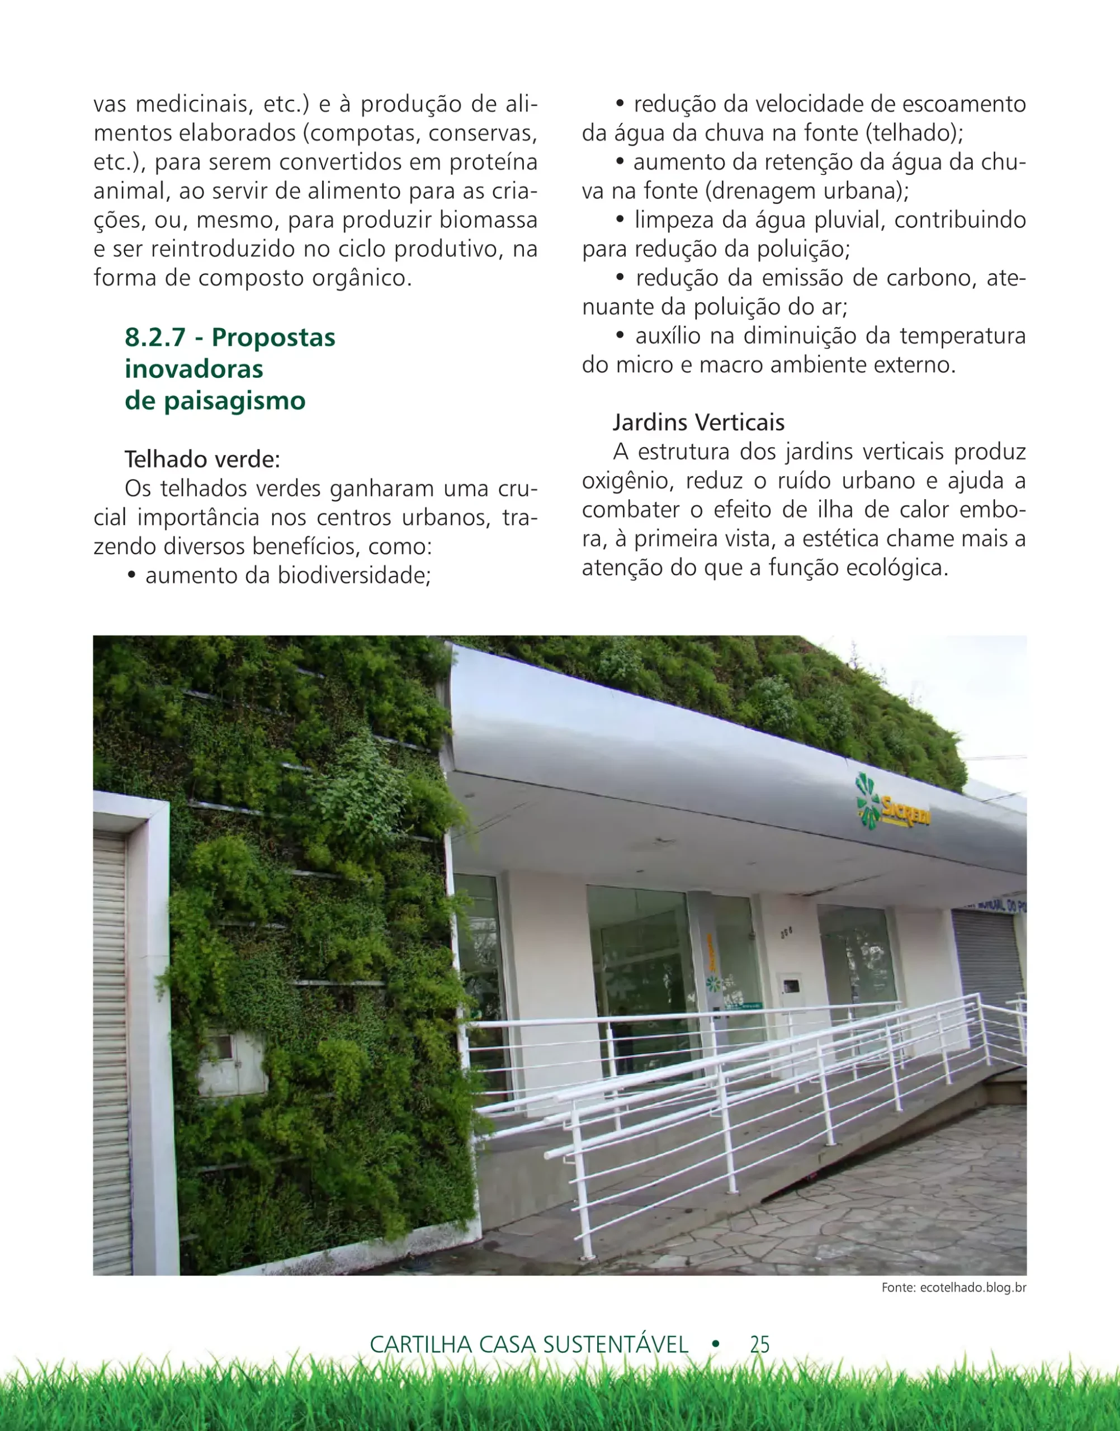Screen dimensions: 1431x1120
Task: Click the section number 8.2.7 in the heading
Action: pos(155,338)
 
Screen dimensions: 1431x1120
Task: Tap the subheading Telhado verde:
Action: pos(202,459)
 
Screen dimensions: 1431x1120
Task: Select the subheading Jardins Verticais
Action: pos(698,422)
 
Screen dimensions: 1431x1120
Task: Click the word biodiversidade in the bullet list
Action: pos(354,576)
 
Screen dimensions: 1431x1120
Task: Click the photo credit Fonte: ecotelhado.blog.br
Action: pos(953,1287)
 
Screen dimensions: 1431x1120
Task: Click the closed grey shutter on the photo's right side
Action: pos(986,964)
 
